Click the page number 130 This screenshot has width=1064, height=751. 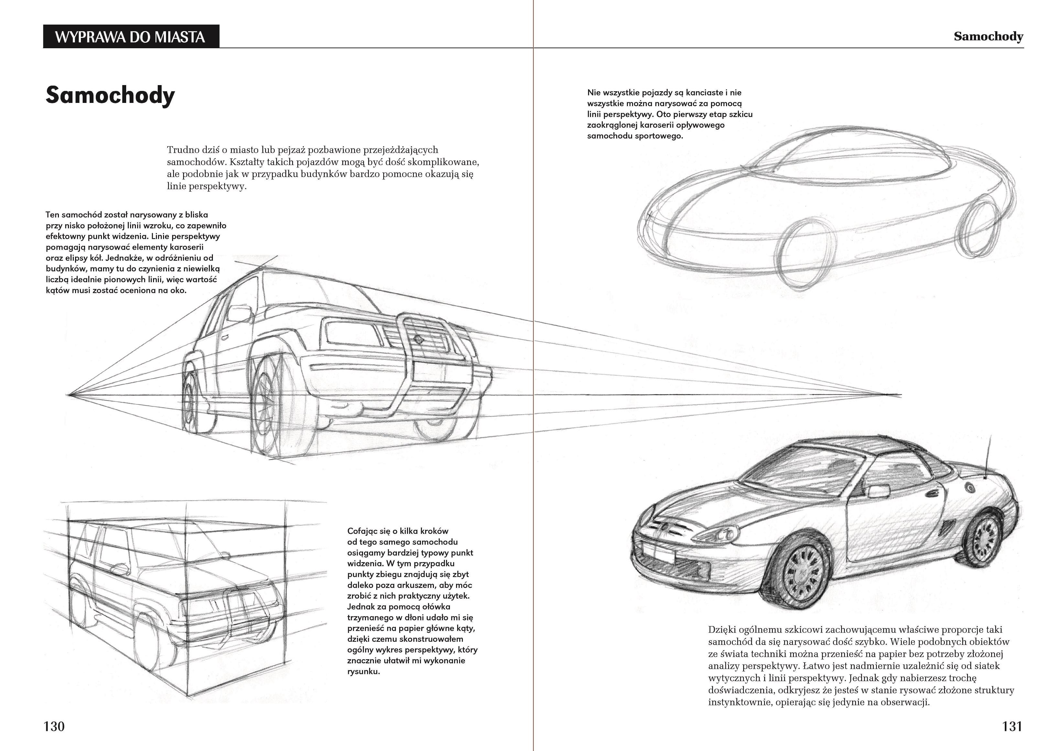coord(54,726)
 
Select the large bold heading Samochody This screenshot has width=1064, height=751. coord(110,95)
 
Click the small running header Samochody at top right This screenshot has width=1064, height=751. coord(988,37)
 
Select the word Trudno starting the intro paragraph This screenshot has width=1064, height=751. coord(182,150)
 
